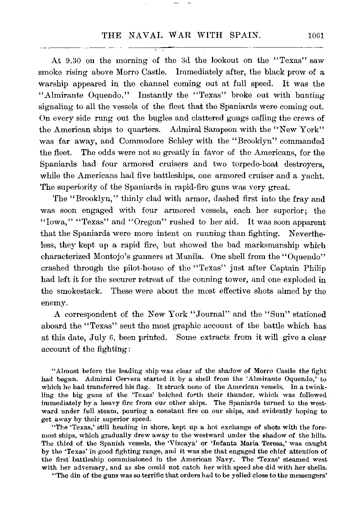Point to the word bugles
[x=139, y=118]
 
